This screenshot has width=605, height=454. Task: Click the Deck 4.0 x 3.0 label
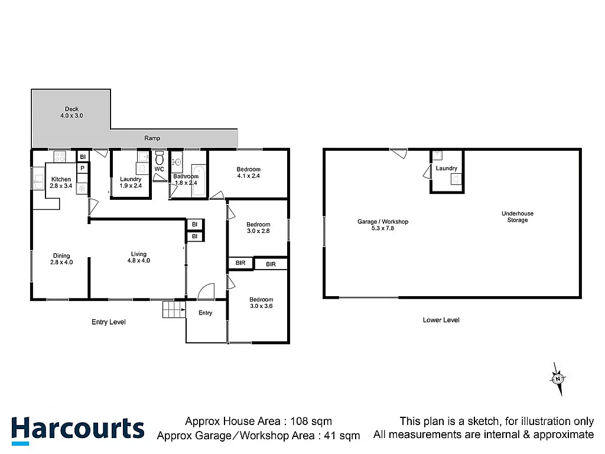pos(71,112)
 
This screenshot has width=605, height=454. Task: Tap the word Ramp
pos(152,138)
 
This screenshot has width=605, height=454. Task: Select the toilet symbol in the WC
pos(160,158)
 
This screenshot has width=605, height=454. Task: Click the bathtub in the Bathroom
pos(199,181)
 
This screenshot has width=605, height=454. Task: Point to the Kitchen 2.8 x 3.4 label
pos(61,183)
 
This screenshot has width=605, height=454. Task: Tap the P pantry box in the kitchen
pos(83,168)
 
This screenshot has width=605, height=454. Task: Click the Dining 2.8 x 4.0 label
pos(61,259)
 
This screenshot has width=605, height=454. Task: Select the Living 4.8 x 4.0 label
pos(138,258)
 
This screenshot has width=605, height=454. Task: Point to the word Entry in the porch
pos(205,313)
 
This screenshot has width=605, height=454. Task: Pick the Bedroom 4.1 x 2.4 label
pos(248,173)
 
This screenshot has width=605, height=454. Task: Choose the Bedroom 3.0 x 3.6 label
pos(261,303)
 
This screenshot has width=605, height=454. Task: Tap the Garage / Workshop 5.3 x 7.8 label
pos(382,225)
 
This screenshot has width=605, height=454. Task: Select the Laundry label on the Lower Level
pos(446,168)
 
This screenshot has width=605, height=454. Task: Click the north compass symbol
pos(557,378)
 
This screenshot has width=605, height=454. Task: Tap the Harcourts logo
pos(77,429)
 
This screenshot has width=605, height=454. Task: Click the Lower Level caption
pos(441,320)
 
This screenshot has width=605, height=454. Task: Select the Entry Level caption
pos(109,322)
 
